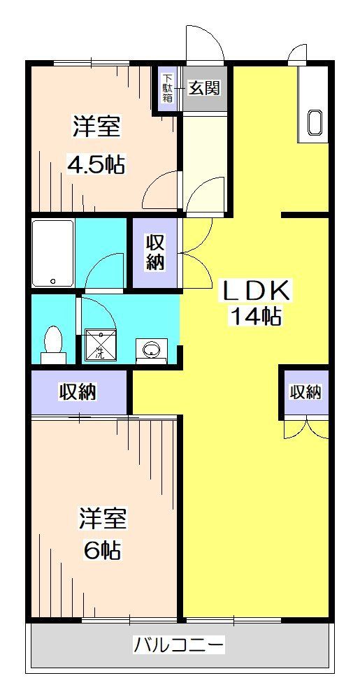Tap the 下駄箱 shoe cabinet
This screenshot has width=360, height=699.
pyautogui.click(x=167, y=87)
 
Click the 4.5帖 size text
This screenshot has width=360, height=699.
pyautogui.click(x=96, y=164)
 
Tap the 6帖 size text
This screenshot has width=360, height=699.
pyautogui.click(x=102, y=549)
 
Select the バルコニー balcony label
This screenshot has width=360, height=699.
pyautogui.click(x=179, y=644)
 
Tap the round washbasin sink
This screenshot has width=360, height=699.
pyautogui.click(x=151, y=349)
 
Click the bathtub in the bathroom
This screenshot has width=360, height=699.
pyautogui.click(x=53, y=252)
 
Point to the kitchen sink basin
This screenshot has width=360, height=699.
pyautogui.click(x=315, y=123)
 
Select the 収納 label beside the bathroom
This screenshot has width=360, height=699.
pyautogui.click(x=155, y=252)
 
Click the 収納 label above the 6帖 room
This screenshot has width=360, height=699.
pyautogui.click(x=78, y=392)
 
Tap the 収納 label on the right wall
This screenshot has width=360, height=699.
pyautogui.click(x=305, y=392)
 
